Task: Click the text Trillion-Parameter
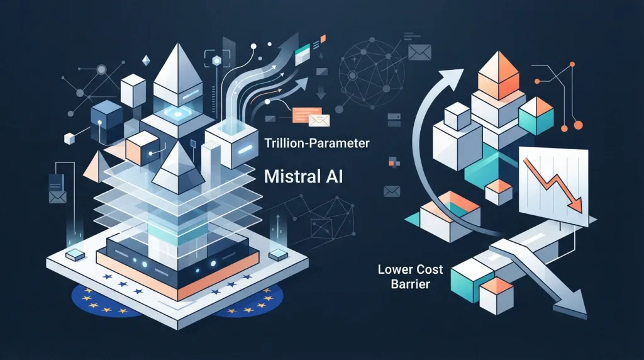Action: point(317,143)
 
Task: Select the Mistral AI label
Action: point(303,176)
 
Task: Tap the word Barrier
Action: point(410,284)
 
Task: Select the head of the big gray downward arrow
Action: point(570,304)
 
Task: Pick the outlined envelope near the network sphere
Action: point(419,52)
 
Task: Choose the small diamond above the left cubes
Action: point(146,61)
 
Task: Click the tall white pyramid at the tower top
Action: point(177,72)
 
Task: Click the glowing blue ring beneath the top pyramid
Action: point(177,114)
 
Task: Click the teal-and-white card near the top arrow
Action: point(303,53)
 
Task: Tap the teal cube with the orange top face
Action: point(536,114)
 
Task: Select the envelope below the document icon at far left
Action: point(57,197)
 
